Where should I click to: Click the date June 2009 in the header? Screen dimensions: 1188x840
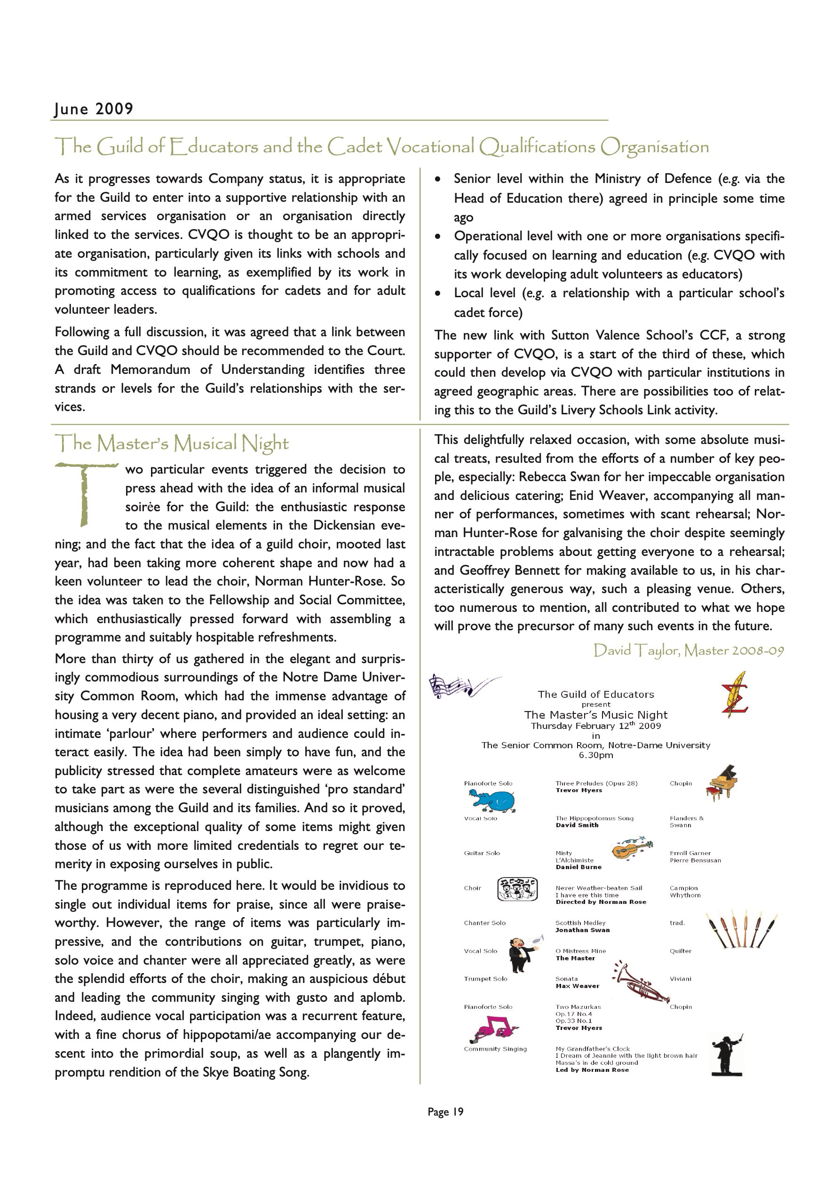94,109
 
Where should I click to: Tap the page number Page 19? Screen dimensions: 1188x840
445,1111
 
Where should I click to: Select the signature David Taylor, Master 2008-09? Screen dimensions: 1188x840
689,650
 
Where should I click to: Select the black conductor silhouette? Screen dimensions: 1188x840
727,1055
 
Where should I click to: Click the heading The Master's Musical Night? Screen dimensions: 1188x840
172,444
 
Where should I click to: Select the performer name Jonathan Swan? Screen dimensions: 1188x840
582,930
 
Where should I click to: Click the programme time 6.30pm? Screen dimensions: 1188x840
596,755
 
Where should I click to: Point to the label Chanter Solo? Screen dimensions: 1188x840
484,923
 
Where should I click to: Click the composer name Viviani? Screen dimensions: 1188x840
680,978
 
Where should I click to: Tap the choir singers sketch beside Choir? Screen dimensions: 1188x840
517,889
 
